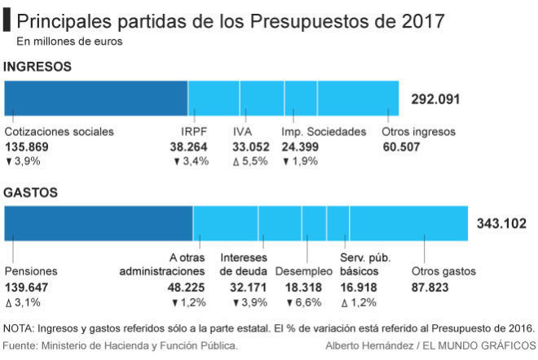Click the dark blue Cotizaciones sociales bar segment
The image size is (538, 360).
point(96,99)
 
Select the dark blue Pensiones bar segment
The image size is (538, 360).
point(99,223)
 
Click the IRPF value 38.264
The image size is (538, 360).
point(189,147)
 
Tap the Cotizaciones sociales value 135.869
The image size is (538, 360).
point(29,147)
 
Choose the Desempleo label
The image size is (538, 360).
point(304,271)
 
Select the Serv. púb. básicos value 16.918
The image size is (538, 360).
point(359,287)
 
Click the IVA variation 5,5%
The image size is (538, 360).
point(249,161)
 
